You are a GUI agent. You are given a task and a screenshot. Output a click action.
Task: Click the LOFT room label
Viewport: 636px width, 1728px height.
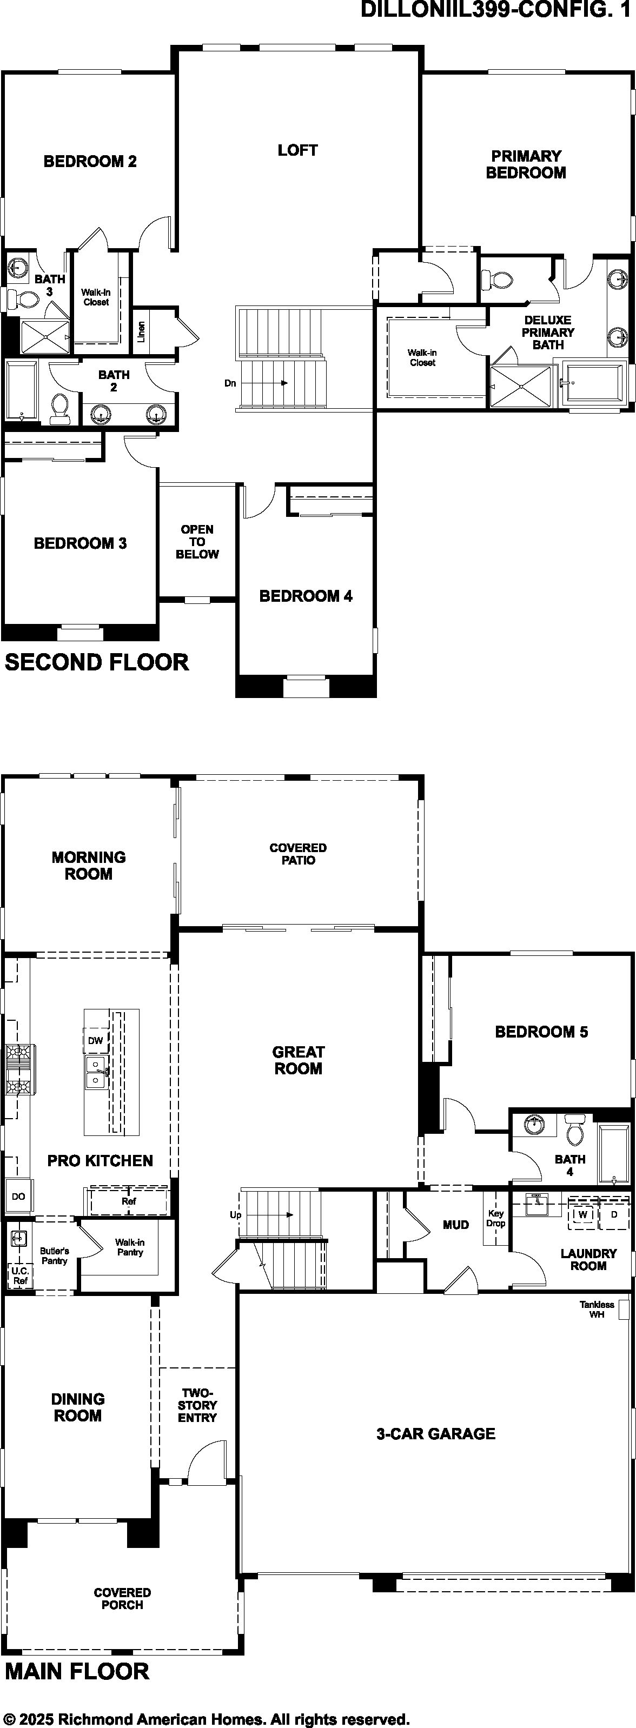click(297, 150)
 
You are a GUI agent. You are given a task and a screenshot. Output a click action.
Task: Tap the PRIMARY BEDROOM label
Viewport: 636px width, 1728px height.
click(526, 164)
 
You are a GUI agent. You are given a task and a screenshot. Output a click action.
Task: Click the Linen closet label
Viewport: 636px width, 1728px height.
click(142, 332)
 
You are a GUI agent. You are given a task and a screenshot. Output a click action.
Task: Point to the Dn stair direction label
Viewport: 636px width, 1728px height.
click(230, 383)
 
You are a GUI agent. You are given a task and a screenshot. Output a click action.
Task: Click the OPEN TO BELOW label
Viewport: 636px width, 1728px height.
click(197, 541)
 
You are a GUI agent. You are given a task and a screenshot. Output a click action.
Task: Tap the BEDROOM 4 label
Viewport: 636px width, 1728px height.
click(306, 596)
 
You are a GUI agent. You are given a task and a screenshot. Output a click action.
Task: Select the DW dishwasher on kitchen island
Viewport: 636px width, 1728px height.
click(95, 1040)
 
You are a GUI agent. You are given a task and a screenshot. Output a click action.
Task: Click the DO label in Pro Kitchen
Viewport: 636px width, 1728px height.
click(18, 1196)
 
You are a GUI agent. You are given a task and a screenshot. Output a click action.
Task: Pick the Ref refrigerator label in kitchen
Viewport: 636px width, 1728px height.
click(129, 1201)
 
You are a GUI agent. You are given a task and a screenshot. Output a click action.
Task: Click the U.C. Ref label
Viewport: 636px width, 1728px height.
click(20, 1276)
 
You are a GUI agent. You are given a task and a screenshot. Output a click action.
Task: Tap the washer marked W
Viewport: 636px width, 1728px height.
click(583, 1214)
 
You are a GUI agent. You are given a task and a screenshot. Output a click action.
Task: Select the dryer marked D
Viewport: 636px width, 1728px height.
click(614, 1214)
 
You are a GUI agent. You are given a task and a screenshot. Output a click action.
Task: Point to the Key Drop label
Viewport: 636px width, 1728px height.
click(496, 1218)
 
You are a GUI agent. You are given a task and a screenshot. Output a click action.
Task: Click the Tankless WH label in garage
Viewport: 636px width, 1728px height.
click(597, 1310)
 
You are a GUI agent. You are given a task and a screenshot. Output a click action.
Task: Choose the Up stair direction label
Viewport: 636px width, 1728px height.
click(235, 1215)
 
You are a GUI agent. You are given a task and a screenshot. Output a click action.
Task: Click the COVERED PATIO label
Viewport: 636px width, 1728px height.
click(298, 854)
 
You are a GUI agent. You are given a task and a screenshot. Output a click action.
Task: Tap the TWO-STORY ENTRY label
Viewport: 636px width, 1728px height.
click(197, 1405)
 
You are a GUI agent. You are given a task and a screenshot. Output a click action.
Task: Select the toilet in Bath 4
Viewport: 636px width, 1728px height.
click(575, 1129)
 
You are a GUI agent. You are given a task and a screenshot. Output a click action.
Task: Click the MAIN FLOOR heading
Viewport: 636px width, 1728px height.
click(77, 1671)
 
